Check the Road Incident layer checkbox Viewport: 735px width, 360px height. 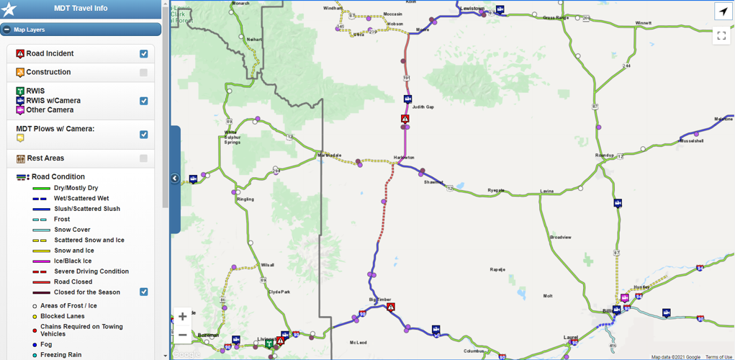[x=144, y=54]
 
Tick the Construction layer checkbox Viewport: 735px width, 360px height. [x=144, y=73]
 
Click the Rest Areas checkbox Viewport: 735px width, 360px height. [x=144, y=158]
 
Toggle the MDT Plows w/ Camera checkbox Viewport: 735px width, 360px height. [x=144, y=135]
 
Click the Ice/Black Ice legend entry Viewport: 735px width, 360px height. [x=73, y=261]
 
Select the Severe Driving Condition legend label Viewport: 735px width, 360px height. [x=91, y=271]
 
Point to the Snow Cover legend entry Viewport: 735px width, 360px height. [x=72, y=230]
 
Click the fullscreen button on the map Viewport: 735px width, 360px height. [x=722, y=35]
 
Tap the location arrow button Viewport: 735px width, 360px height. [x=722, y=11]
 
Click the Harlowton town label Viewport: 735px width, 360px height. [x=404, y=158]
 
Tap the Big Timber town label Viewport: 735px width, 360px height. [x=379, y=298]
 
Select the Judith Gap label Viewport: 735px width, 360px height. [x=423, y=107]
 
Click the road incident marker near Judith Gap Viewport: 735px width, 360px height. [x=405, y=119]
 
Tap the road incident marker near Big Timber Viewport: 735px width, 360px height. [x=390, y=307]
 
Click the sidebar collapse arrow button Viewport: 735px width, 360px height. [x=175, y=179]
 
